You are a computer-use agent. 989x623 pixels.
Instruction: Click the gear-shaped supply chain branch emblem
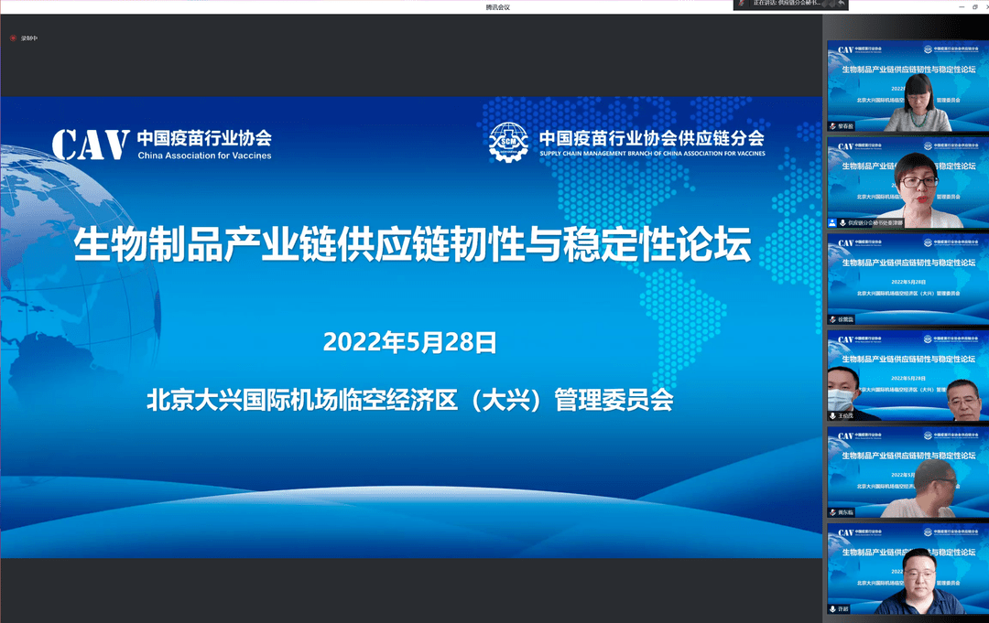(508, 142)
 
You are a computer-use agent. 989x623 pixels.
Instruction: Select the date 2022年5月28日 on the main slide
(409, 343)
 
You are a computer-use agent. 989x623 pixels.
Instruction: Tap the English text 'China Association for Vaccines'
(204, 156)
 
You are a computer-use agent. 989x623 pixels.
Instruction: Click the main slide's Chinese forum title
(411, 246)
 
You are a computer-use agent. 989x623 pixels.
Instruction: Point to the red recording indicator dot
(13, 38)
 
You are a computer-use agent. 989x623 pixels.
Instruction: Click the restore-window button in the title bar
(974, 6)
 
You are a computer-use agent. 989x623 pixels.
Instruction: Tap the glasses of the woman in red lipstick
(918, 181)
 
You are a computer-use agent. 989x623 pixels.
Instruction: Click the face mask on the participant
(841, 400)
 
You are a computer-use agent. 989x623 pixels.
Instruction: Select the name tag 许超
(843, 609)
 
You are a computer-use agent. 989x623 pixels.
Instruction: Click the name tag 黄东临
(845, 512)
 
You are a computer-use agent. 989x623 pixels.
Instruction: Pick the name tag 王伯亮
(845, 416)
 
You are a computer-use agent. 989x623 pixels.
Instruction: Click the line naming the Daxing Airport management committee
(409, 400)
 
